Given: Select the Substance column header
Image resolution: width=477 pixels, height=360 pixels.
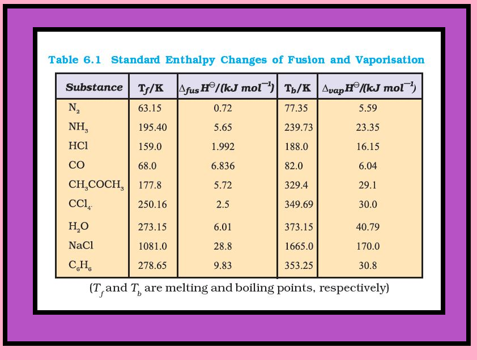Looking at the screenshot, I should coord(93,87).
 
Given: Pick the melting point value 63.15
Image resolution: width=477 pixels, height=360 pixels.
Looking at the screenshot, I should coord(150,108).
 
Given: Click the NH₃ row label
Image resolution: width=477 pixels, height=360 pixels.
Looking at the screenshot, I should coord(78,127).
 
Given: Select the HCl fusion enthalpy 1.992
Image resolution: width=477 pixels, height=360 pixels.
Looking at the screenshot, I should coord(223,147).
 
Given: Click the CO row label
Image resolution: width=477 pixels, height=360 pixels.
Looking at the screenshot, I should coord(76,166).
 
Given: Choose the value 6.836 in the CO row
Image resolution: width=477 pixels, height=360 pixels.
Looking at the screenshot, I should coord(223,166).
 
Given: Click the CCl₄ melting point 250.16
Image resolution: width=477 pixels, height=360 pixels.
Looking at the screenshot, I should coord(152,204).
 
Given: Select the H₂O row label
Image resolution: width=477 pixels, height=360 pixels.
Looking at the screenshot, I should coord(79,227).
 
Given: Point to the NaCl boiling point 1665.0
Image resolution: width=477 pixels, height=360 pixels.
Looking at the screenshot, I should coord(297,246).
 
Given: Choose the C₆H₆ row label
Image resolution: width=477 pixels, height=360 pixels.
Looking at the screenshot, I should coord(79,266).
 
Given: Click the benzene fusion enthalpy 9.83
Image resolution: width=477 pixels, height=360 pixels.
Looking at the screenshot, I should coord(223,265).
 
